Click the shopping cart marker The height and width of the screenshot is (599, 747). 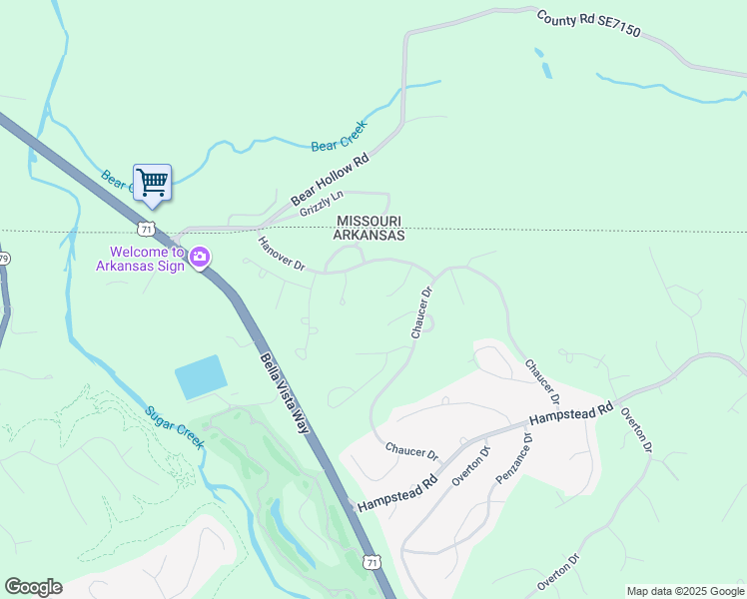[x=152, y=183]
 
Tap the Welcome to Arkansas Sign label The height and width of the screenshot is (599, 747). [x=140, y=259]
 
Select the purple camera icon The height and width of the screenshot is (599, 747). [x=200, y=258]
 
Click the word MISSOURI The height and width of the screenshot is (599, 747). [x=369, y=221]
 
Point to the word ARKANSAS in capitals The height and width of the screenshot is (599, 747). [x=369, y=236]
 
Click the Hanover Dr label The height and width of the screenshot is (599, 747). [x=280, y=255]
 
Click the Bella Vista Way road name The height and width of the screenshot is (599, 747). [x=287, y=393]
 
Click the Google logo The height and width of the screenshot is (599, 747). [x=33, y=587]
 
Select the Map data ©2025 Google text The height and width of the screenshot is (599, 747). [x=685, y=591]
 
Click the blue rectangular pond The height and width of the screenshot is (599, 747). [x=201, y=377]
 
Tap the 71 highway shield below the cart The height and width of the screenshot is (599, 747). [x=147, y=229]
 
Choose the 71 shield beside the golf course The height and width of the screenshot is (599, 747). [x=372, y=563]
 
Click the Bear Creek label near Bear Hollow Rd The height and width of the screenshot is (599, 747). [x=340, y=136]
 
